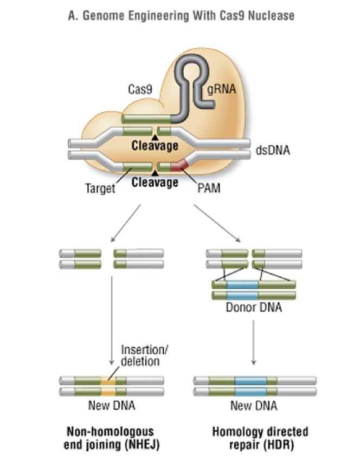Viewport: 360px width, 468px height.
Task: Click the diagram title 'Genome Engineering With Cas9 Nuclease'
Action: coord(182,16)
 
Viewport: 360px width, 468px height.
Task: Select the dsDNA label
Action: coord(272,149)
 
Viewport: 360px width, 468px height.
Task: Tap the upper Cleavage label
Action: coord(155,146)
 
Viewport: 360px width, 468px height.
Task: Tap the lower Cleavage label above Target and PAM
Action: coord(155,183)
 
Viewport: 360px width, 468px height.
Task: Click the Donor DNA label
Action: coord(254,309)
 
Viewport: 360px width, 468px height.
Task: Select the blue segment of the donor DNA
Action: coord(244,290)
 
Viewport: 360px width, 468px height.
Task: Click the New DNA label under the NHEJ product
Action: coord(111,406)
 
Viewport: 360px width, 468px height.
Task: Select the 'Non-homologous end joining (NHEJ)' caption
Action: coord(110,438)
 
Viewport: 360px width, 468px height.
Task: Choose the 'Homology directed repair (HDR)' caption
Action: coord(260,438)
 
